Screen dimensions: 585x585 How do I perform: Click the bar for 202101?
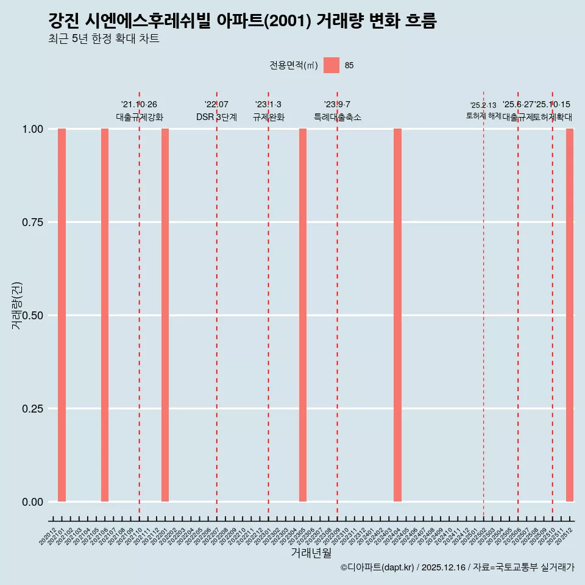[x=62, y=315]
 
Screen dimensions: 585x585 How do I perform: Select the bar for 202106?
[x=105, y=315]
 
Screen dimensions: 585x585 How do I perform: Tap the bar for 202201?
[x=165, y=315]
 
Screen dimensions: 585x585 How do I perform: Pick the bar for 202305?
[x=303, y=315]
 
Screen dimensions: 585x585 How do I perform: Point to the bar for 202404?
[x=397, y=315]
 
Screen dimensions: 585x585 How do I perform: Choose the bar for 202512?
[x=570, y=315]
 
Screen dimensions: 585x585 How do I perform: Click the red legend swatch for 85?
[x=331, y=65]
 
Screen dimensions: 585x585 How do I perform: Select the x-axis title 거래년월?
[x=311, y=553]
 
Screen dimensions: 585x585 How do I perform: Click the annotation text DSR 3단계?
[x=216, y=117]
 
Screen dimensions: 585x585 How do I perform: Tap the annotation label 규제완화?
[x=268, y=117]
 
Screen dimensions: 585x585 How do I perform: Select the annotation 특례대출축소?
[x=337, y=117]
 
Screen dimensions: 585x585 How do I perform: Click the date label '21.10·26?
[x=139, y=104]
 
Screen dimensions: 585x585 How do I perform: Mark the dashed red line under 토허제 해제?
[x=483, y=305]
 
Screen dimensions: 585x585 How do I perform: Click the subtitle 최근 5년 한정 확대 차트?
[x=104, y=39]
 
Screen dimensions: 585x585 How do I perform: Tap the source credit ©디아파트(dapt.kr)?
[x=377, y=567]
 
